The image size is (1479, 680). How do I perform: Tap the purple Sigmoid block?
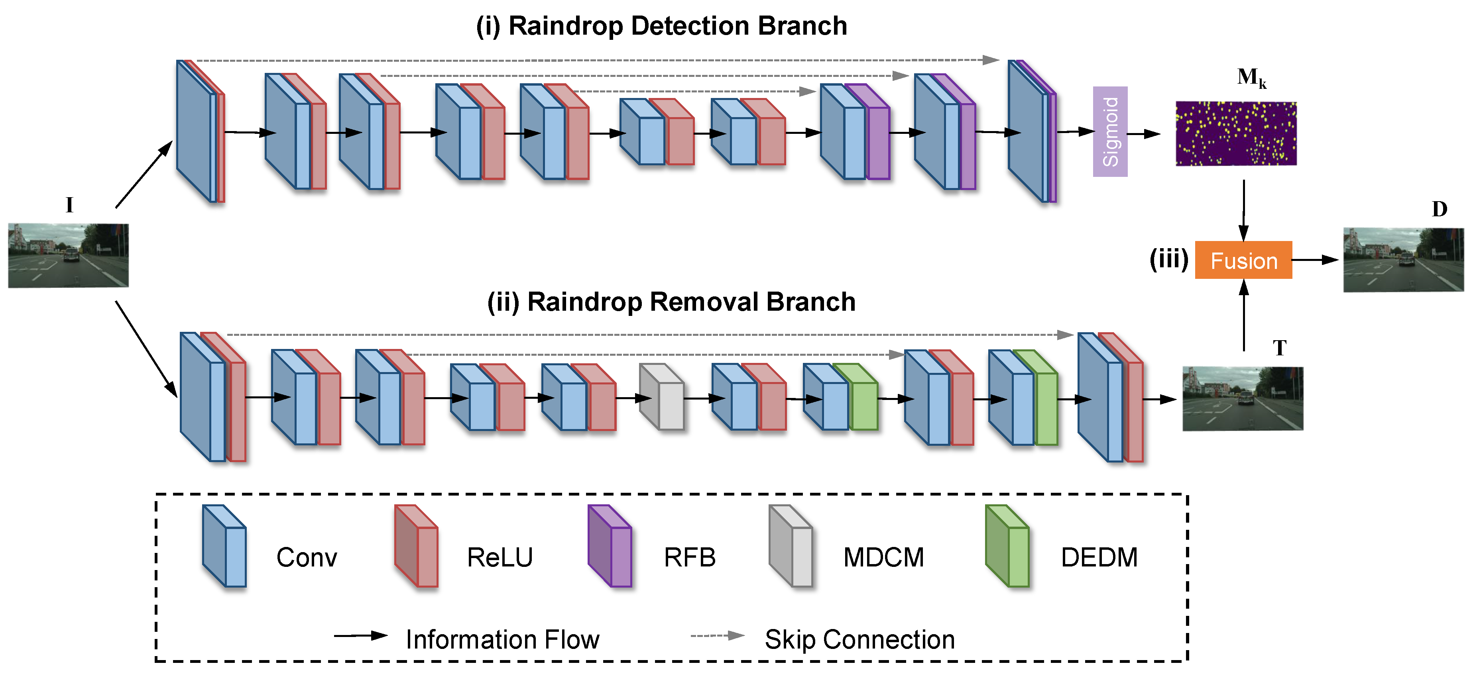[x=1110, y=131]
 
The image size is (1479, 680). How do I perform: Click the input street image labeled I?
[x=68, y=255]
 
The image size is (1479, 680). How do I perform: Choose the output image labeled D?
[x=1403, y=260]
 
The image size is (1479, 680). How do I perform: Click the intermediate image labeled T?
[x=1243, y=399]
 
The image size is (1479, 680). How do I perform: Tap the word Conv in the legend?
[x=307, y=557]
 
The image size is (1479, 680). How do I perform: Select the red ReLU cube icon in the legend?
[x=416, y=546]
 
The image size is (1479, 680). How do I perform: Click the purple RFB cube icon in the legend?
[x=610, y=546]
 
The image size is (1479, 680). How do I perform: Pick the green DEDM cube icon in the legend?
[x=1007, y=546]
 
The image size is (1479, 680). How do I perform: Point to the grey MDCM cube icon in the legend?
[x=791, y=546]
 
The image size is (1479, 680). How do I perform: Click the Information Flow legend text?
[x=502, y=639]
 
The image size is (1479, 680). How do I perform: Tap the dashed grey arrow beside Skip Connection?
[x=717, y=636]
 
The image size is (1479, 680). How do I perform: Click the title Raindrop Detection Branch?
[x=661, y=26]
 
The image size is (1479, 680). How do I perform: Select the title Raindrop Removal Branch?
[x=671, y=302]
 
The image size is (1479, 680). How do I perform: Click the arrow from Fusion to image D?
[x=1315, y=260]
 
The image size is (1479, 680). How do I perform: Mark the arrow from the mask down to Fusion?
[x=1244, y=210]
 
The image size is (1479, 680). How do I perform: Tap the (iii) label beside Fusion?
[x=1168, y=259]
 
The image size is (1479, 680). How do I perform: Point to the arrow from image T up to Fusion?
[x=1244, y=316]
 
